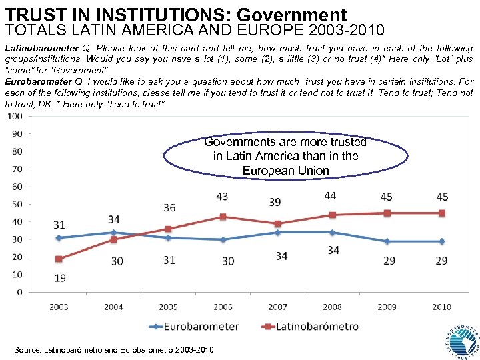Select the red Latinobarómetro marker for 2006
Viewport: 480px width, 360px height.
223,217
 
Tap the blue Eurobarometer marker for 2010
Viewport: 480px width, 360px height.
441,241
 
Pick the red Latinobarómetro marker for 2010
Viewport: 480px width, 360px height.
441,213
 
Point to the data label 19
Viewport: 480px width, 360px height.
59,277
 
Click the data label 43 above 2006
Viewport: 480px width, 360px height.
223,197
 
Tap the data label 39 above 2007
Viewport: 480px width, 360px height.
275,202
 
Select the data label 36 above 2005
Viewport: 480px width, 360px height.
169,208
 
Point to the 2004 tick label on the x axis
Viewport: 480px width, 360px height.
113,307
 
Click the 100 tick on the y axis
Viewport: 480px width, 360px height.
14,117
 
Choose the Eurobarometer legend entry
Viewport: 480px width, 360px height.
193,327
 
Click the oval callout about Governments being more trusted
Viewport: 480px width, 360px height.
285,156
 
